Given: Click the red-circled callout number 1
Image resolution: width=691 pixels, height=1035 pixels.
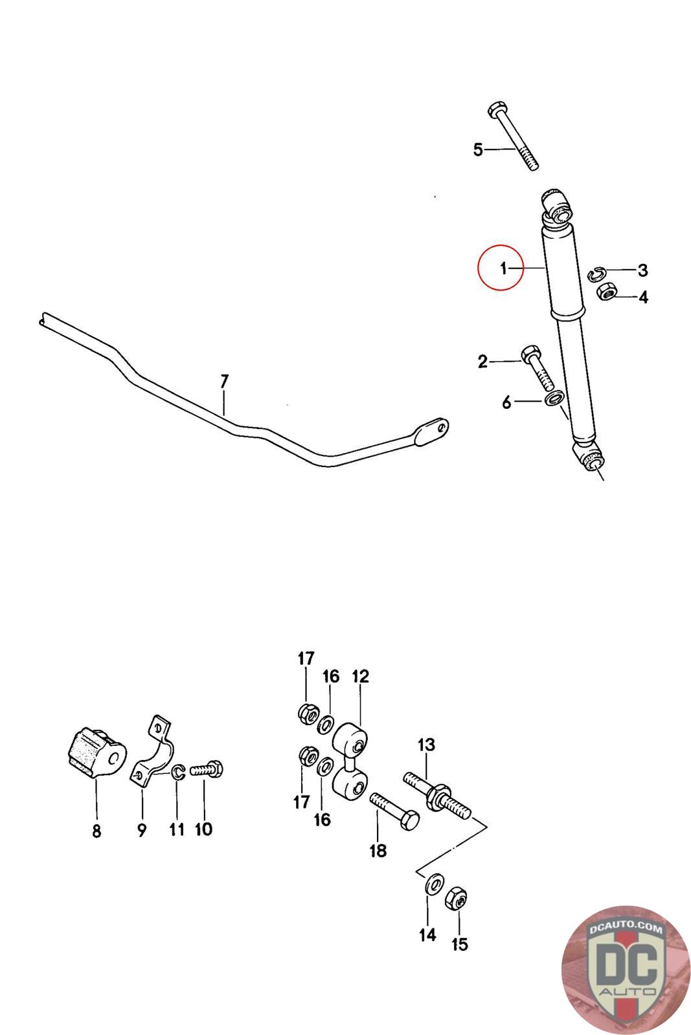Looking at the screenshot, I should (503, 268).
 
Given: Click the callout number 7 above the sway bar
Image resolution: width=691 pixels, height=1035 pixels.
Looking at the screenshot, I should (224, 382).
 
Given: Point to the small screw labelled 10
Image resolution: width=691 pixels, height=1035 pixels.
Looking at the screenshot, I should (207, 770).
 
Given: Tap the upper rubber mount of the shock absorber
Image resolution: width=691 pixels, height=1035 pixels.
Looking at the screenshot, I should (556, 206).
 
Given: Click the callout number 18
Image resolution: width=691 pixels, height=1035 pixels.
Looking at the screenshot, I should (377, 851).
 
